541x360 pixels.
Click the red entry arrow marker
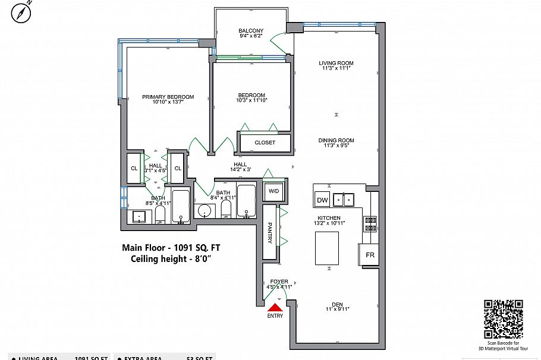[275, 307]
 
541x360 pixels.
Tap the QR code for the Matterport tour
[504, 319]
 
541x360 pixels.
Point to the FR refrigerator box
[369, 255]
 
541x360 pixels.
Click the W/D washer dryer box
[273, 191]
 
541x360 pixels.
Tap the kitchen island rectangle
[326, 248]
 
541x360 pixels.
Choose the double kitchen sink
[344, 199]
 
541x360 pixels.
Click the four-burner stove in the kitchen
[370, 223]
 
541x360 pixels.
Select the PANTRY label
[269, 233]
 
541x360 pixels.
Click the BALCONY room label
[251, 31]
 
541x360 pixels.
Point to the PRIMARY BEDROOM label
[168, 97]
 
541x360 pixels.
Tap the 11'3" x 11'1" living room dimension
[336, 68]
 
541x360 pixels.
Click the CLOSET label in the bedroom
[265, 143]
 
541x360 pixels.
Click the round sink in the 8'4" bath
[206, 210]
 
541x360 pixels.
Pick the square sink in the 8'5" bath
[139, 216]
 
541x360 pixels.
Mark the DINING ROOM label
[336, 141]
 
